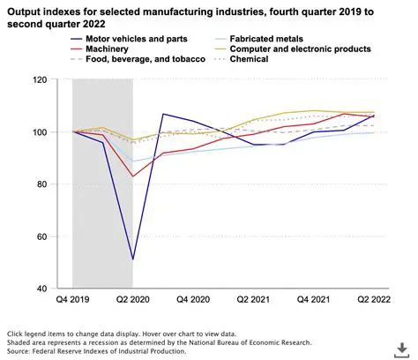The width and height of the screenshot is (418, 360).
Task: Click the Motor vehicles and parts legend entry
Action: (x=129, y=38)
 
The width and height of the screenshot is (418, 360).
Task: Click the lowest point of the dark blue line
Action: (x=132, y=259)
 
